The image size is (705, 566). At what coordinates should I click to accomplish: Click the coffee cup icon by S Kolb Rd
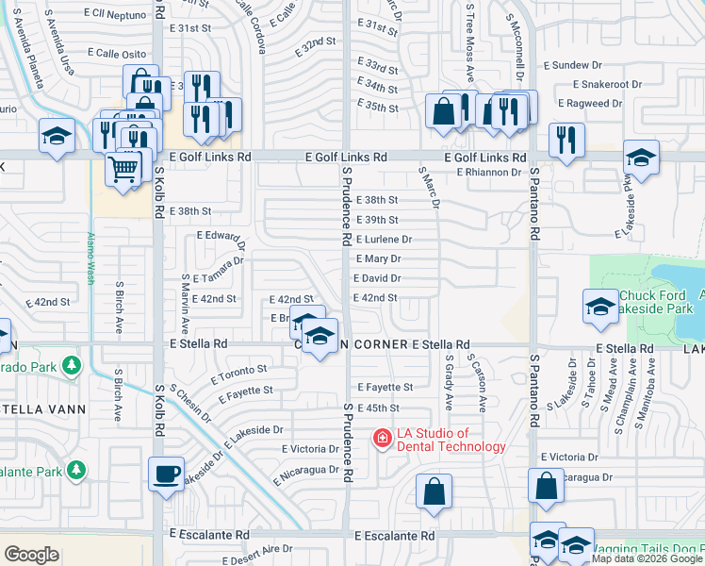(167, 473)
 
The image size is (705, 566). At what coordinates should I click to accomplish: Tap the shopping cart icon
(123, 170)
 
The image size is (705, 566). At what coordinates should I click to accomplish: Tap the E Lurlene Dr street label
(384, 240)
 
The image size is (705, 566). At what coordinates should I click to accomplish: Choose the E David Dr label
(377, 278)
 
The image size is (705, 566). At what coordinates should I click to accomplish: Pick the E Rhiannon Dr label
(489, 173)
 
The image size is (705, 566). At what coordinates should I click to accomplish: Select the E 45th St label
(378, 408)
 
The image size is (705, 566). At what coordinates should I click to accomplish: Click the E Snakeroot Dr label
(598, 84)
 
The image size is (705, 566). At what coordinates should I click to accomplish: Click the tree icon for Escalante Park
(76, 469)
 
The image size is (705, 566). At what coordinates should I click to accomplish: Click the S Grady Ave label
(448, 381)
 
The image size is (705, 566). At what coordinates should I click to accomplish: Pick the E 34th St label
(378, 88)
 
